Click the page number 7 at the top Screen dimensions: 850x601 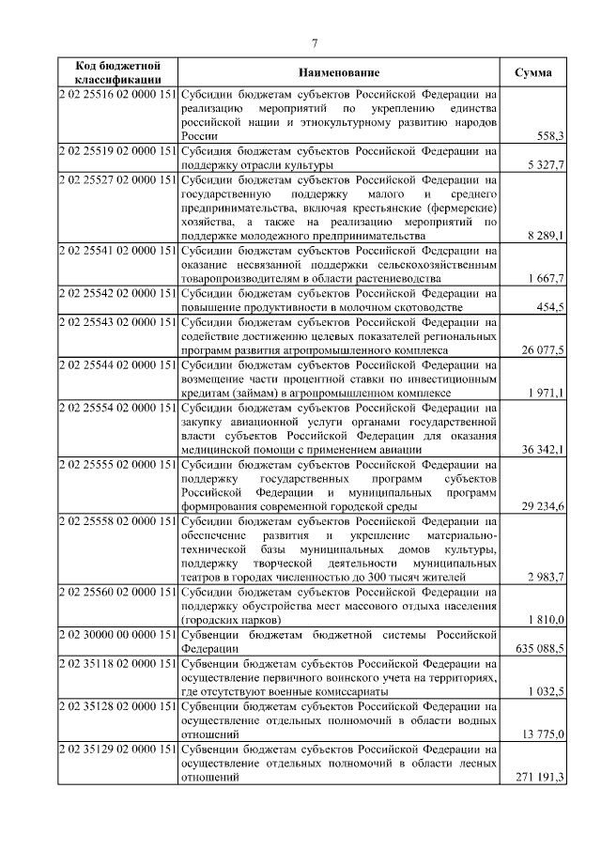pyautogui.click(x=315, y=43)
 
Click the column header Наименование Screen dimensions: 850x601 pyautogui.click(x=340, y=73)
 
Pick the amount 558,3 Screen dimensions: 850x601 pyautogui.click(x=548, y=136)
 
